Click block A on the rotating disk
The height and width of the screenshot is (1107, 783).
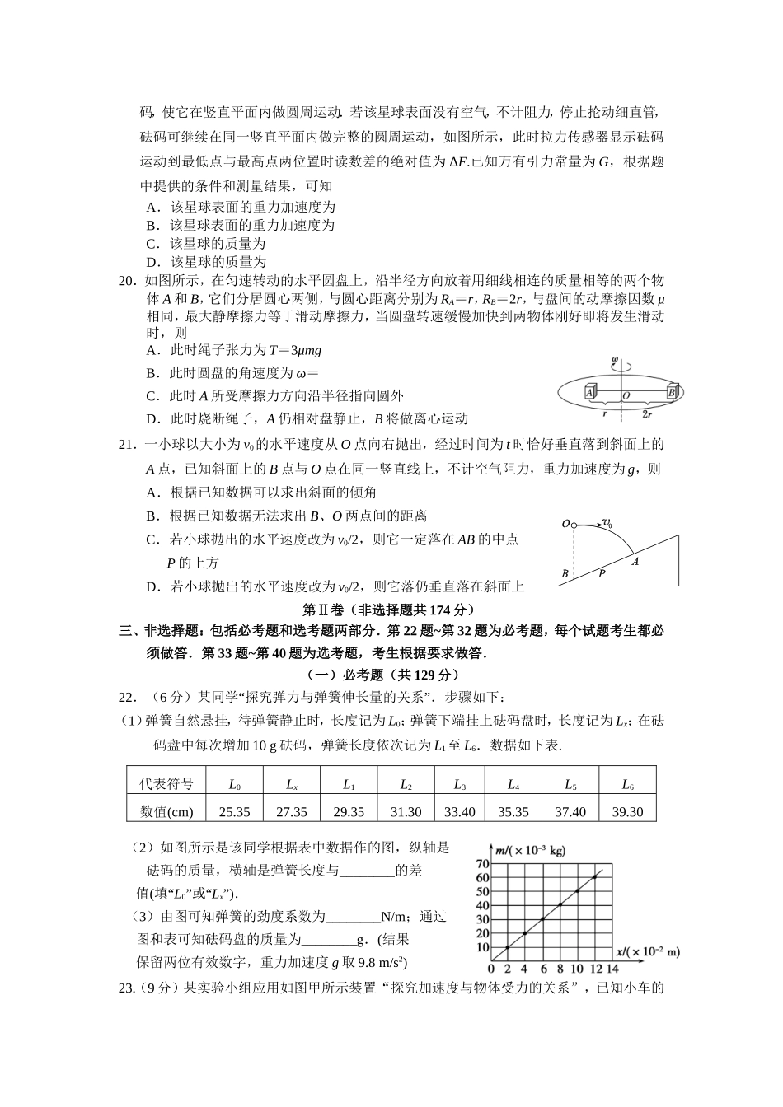[x=589, y=393]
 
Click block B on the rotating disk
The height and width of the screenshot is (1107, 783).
[x=672, y=393]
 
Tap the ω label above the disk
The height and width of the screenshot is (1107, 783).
[x=614, y=359]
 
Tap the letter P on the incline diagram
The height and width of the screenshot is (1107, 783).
[x=601, y=573]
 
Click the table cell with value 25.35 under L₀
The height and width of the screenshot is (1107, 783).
[x=235, y=811]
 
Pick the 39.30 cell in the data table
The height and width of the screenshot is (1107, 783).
[x=627, y=811]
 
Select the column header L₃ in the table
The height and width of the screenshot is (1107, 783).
[x=460, y=784]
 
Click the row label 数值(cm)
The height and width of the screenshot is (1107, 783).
[x=166, y=811]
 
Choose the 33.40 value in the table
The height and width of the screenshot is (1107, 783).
[x=460, y=811]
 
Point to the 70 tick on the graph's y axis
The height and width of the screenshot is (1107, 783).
[x=482, y=863]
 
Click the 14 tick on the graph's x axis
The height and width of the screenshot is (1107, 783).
[x=612, y=969]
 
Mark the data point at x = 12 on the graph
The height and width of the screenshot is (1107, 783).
[x=594, y=876]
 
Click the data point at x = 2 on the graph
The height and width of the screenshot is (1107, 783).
[x=508, y=947]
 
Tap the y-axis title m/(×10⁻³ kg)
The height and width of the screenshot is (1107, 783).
[x=532, y=849]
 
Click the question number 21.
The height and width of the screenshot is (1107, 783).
[x=127, y=445]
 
